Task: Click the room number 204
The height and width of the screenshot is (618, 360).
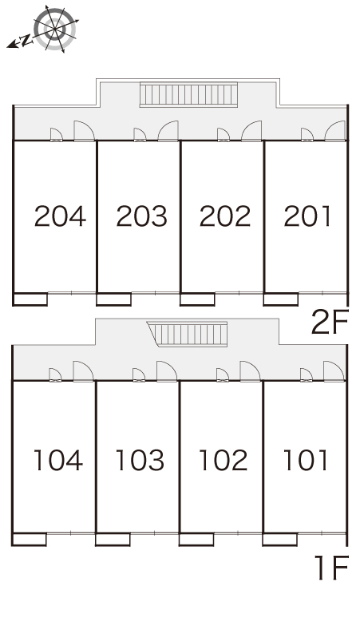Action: tap(60, 216)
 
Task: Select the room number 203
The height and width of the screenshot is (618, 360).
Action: tap(142, 216)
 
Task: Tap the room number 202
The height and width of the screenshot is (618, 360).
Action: tap(225, 216)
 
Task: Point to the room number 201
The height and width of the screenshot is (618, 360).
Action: tap(307, 216)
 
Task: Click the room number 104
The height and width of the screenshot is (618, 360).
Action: tap(58, 460)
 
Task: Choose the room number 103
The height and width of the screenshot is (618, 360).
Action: tap(140, 460)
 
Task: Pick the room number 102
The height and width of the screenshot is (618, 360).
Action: tap(224, 460)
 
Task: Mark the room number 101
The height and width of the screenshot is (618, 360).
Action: tap(306, 460)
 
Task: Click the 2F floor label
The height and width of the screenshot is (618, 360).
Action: tap(330, 322)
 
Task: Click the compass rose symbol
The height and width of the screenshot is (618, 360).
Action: tap(54, 29)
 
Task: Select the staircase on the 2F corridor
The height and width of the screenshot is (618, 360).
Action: tap(189, 94)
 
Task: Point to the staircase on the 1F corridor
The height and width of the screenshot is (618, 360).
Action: tap(188, 334)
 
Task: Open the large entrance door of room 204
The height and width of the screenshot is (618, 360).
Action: tap(84, 131)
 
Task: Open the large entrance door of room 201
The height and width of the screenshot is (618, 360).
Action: tap(335, 131)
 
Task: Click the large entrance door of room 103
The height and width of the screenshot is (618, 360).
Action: tap(167, 371)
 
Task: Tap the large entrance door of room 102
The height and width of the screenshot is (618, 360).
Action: tap(250, 371)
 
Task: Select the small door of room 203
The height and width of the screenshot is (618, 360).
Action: tap(140, 135)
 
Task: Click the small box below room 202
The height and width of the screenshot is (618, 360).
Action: tap(197, 299)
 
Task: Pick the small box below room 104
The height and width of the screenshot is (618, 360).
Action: tap(30, 539)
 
